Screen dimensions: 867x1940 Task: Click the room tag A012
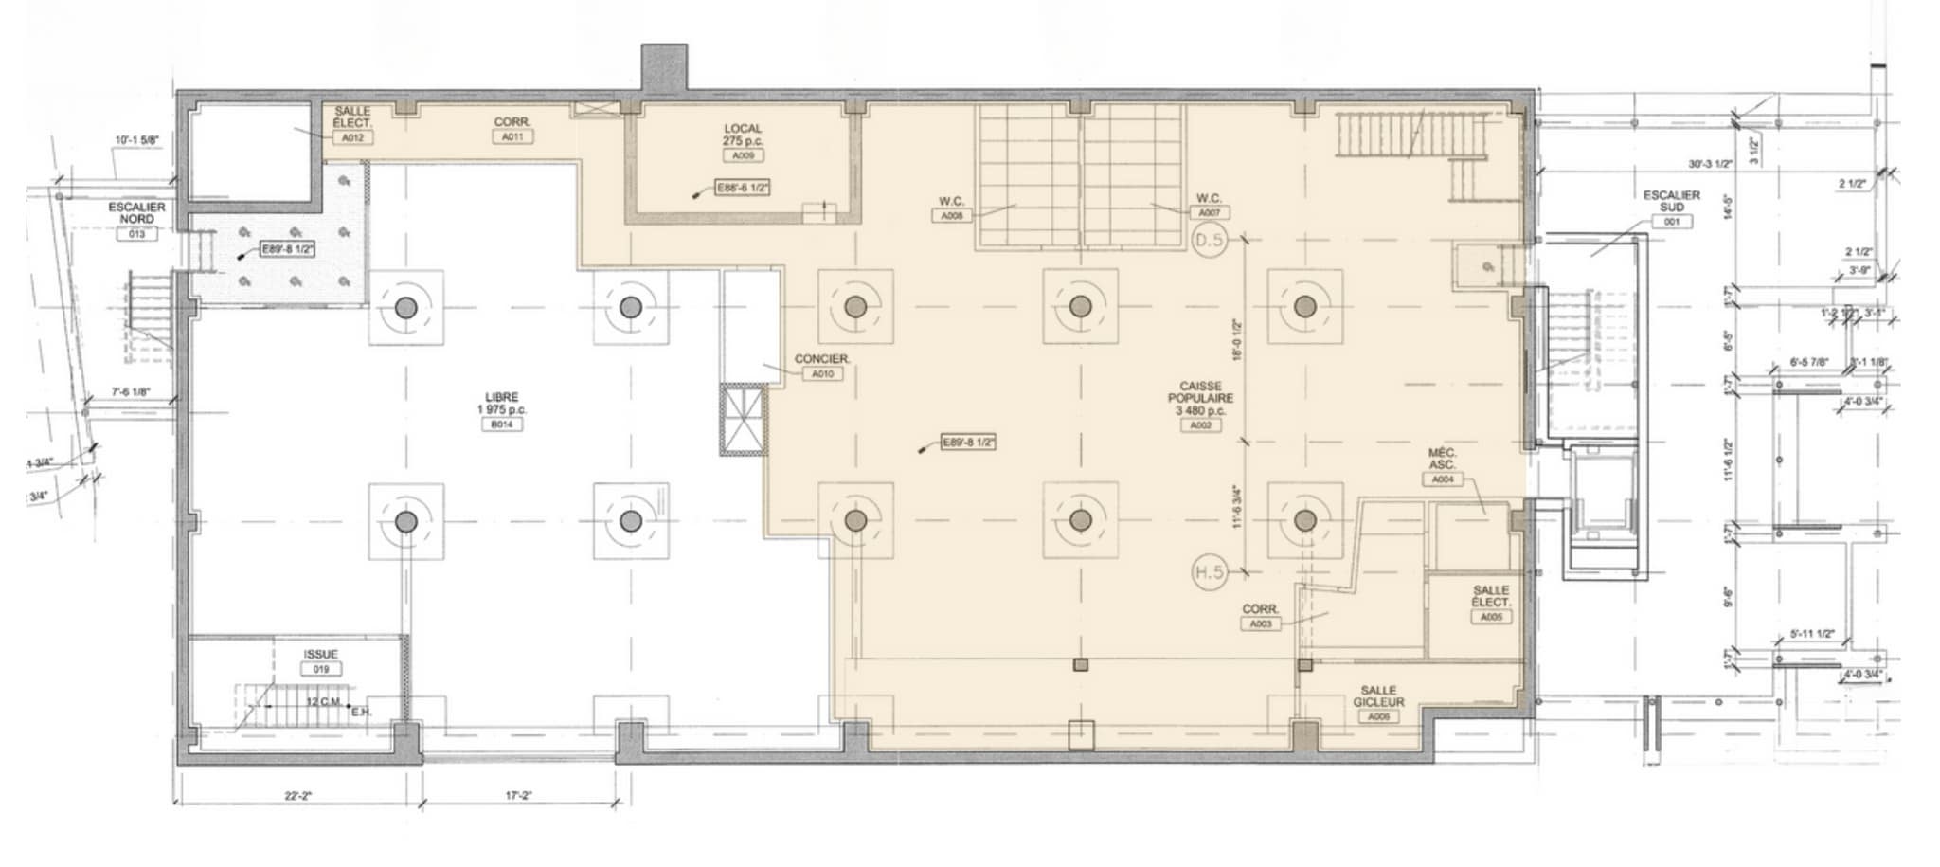tap(352, 138)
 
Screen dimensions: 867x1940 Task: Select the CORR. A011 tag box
tap(512, 136)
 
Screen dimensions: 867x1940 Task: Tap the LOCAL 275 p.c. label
tap(743, 135)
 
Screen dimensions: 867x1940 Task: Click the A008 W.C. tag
tap(951, 216)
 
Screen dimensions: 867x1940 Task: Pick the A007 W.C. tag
tap(1209, 213)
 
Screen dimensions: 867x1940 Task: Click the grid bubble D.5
tap(1209, 241)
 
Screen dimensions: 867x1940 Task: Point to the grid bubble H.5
tap(1209, 573)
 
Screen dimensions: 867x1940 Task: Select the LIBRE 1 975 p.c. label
tap(502, 404)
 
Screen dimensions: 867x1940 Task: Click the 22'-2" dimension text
tap(297, 797)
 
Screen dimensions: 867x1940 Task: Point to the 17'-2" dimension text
tap(517, 797)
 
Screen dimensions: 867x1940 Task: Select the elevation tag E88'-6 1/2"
tap(743, 189)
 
